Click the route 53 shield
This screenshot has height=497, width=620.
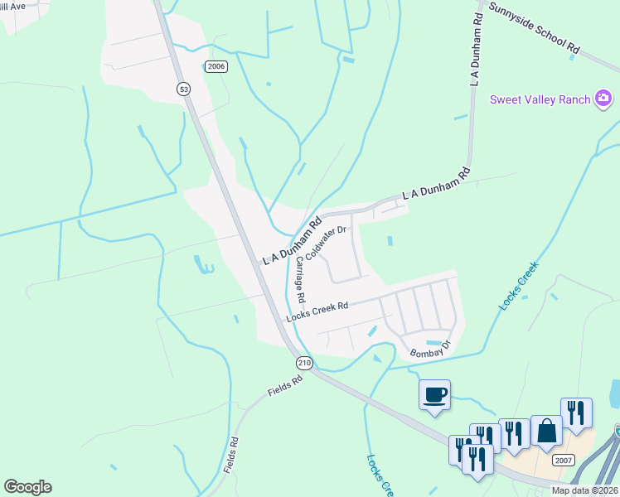tap(182, 89)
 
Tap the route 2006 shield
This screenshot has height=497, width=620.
tap(216, 66)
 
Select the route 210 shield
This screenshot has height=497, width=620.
tap(303, 363)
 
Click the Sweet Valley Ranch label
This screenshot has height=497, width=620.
tap(540, 99)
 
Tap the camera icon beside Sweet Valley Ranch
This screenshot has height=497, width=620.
tap(603, 99)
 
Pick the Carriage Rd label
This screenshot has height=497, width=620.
tap(300, 279)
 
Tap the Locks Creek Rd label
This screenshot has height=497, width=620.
tap(317, 311)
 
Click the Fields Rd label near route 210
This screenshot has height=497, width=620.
tap(287, 383)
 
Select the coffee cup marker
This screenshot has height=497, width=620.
tap(435, 393)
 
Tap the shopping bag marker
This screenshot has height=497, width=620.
tap(546, 430)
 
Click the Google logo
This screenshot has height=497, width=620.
tap(27, 487)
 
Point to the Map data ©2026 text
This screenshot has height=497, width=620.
tap(584, 490)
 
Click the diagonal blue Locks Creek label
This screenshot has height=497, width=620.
tap(519, 287)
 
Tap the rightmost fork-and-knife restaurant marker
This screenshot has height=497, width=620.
tap(576, 413)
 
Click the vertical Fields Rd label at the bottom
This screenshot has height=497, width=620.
tap(234, 455)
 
